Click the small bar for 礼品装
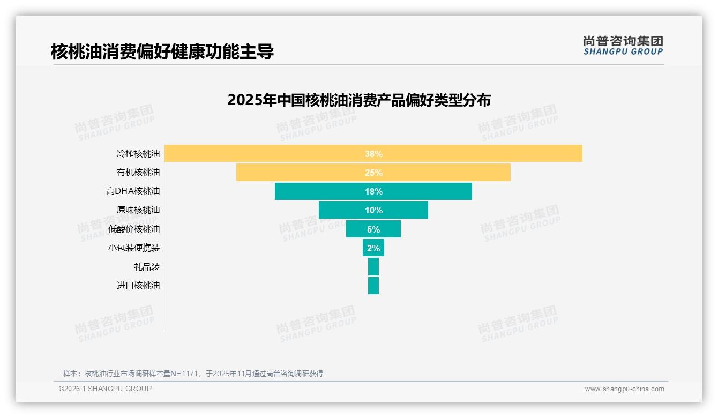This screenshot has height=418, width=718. (x=373, y=266)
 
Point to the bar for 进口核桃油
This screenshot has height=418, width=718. (x=373, y=285)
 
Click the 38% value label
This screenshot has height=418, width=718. (x=373, y=154)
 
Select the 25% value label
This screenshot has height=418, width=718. (x=373, y=173)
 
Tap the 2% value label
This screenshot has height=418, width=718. (x=373, y=248)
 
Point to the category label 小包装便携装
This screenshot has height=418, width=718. (x=134, y=248)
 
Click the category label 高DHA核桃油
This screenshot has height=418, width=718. (x=133, y=191)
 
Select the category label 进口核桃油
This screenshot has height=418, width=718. (x=138, y=285)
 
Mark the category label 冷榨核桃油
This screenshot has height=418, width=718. (x=138, y=154)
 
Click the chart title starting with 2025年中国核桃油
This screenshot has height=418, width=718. (x=359, y=100)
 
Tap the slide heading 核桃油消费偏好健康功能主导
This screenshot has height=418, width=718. (x=162, y=52)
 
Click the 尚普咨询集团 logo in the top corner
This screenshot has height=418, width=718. (x=623, y=46)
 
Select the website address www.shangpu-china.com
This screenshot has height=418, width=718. (x=624, y=389)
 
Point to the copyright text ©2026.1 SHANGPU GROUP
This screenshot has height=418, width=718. (x=105, y=389)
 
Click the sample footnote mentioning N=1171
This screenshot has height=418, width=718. (x=193, y=374)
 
